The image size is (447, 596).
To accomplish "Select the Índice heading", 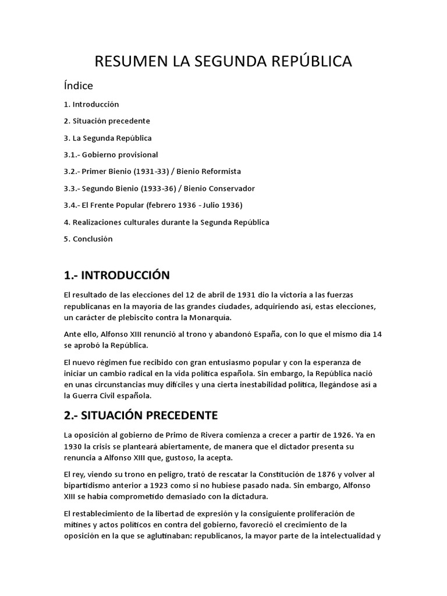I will [x=79, y=86].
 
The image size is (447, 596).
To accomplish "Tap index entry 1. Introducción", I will [x=91, y=104].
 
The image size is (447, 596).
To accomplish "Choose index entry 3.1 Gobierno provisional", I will [x=111, y=155].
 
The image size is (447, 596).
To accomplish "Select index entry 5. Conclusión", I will [x=88, y=239].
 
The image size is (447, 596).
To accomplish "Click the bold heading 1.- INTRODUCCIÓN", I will [x=116, y=275].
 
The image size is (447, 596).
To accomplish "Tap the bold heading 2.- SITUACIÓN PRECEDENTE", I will [x=140, y=415].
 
